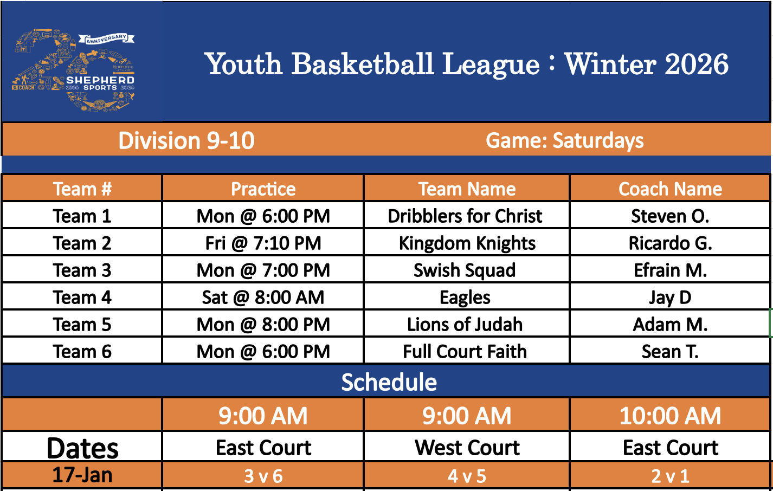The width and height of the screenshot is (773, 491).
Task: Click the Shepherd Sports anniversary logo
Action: (73, 70)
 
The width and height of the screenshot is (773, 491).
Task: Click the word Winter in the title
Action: (610, 64)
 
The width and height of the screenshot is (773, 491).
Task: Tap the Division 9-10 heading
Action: (186, 141)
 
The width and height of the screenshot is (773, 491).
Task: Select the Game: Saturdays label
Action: (564, 141)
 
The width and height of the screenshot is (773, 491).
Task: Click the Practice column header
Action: (263, 189)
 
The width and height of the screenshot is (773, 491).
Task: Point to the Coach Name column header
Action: (670, 189)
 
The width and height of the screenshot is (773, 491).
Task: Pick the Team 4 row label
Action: (82, 298)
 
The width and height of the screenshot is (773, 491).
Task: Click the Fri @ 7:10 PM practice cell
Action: (263, 243)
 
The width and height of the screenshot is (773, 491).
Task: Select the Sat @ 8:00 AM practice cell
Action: (263, 298)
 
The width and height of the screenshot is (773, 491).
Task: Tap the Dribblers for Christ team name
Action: (465, 216)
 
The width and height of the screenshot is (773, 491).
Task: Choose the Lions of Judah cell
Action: (465, 325)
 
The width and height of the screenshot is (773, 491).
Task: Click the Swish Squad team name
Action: (465, 270)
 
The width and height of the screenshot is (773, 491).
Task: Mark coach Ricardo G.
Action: (670, 243)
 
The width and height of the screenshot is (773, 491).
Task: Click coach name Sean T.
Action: (670, 352)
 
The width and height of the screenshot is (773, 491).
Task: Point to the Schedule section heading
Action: (389, 382)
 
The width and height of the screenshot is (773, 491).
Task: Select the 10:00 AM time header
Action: (670, 416)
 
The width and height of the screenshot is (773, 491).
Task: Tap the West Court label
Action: (467, 448)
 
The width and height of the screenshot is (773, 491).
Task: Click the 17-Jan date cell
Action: (82, 475)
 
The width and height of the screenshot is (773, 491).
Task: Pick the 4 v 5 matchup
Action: (467, 476)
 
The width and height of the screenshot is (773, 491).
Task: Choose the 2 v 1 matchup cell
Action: (670, 476)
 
